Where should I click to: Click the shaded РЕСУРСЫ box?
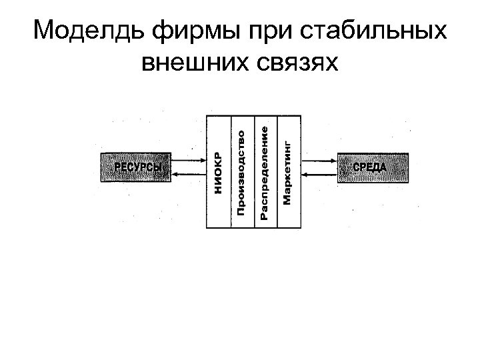[135, 167]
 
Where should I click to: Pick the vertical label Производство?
[242, 171]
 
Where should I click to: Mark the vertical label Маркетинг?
[287, 171]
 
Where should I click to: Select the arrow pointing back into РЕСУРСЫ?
[187, 174]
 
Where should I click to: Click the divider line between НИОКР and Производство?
[231, 200]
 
